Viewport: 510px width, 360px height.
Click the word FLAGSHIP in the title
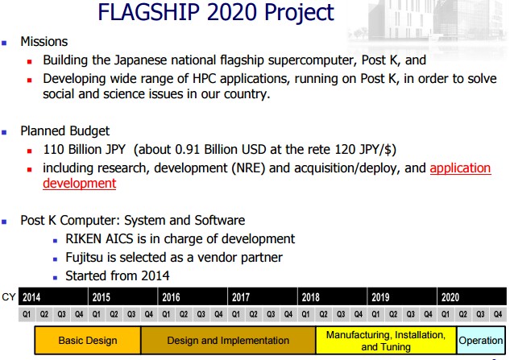click(x=148, y=12)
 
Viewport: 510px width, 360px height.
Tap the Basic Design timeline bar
click(x=88, y=340)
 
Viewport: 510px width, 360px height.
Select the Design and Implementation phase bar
click(x=228, y=340)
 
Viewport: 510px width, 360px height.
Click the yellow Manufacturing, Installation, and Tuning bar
click(x=386, y=340)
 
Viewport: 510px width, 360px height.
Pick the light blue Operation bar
click(x=481, y=340)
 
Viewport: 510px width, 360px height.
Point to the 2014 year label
click(x=31, y=297)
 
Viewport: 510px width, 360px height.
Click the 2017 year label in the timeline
click(x=241, y=297)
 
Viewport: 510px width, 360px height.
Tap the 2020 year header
click(x=450, y=297)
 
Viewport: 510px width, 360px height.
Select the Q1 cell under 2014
click(x=27, y=314)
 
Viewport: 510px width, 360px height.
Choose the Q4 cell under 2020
click(x=498, y=314)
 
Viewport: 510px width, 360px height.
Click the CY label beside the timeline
click(x=8, y=297)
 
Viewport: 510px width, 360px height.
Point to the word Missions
click(x=44, y=42)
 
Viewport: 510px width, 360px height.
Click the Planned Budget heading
click(x=64, y=131)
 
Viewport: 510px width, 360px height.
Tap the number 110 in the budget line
click(x=53, y=150)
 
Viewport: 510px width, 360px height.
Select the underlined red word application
click(x=460, y=168)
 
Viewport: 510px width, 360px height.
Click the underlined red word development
click(x=80, y=184)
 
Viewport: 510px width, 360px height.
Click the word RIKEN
click(x=83, y=239)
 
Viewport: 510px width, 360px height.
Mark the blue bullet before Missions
click(x=4, y=43)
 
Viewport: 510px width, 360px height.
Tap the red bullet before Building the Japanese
click(x=30, y=61)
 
